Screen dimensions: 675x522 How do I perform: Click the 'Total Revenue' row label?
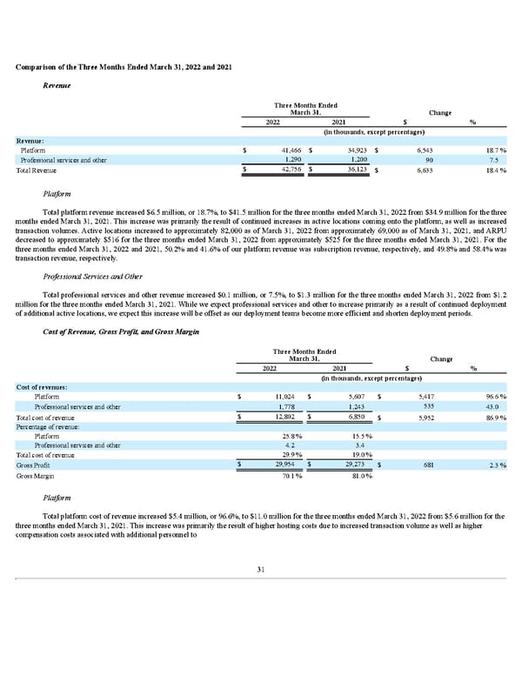click(x=38, y=170)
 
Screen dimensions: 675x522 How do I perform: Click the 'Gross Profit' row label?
click(x=34, y=465)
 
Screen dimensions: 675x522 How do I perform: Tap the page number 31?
click(x=260, y=569)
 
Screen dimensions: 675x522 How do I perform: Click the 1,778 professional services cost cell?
click(x=289, y=407)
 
